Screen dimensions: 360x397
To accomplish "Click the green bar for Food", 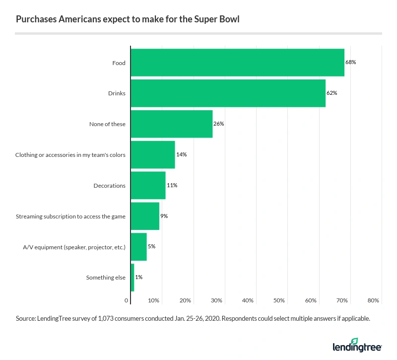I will point(237,63).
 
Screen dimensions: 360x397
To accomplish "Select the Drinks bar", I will point(228,93).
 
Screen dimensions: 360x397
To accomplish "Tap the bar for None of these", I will point(171,124).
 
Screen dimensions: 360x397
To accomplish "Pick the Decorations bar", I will point(148,185).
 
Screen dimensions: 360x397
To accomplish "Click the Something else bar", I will point(132,278).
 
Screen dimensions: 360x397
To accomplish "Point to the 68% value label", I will point(351,63).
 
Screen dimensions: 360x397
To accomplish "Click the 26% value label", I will point(219,124).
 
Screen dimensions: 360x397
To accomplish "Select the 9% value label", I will point(164,216).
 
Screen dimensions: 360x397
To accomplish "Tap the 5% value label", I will point(151,247).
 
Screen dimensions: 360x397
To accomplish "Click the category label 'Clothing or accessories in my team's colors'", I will point(70,155).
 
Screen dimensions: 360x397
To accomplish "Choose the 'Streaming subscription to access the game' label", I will point(70,216).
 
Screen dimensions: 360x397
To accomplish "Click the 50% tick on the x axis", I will point(279,300).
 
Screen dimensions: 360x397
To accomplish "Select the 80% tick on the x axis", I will point(373,300).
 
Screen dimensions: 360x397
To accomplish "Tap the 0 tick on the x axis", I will point(127,300).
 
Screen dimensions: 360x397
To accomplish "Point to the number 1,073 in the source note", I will point(106,318).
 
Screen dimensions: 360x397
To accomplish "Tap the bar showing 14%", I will point(153,155).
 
